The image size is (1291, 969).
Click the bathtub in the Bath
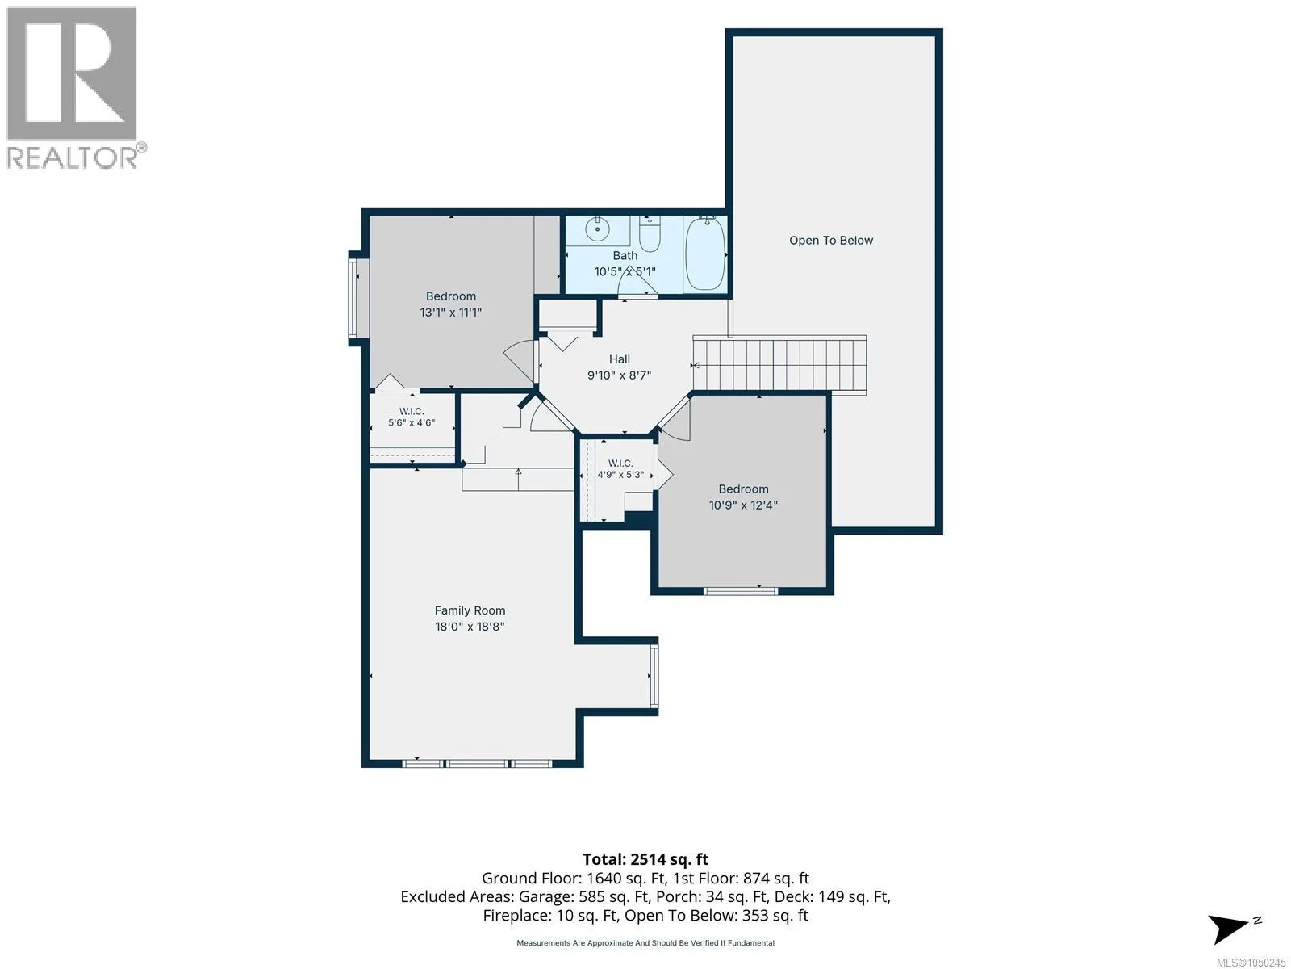click(705, 254)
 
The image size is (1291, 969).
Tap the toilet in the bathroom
click(650, 234)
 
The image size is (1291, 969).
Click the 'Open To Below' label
click(830, 240)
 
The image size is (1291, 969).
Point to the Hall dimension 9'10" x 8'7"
click(619, 375)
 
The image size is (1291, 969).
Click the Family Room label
click(470, 610)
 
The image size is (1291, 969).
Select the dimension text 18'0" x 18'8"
click(470, 627)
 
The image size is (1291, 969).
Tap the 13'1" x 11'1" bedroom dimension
click(450, 313)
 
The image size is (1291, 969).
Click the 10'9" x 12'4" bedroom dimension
click(743, 505)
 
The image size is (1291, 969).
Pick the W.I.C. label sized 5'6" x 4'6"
click(412, 411)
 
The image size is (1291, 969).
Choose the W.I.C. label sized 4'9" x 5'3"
click(620, 464)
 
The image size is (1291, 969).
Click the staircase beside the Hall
click(779, 364)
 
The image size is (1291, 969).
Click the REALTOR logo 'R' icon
click(72, 73)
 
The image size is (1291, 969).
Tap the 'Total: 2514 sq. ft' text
click(645, 859)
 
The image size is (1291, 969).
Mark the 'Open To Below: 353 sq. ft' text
click(716, 916)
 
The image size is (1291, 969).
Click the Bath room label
click(625, 256)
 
